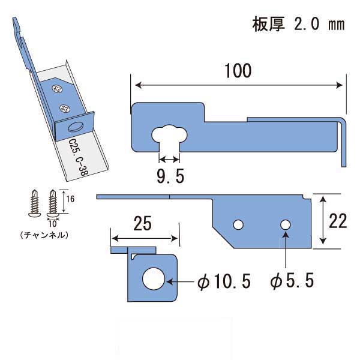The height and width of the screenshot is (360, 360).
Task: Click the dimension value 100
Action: [238, 70]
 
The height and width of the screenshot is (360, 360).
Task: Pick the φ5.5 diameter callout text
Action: [293, 281]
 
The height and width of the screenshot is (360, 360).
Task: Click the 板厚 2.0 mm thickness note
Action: [298, 26]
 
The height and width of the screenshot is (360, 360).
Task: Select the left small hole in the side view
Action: [238, 224]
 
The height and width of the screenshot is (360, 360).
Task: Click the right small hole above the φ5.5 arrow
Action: [286, 224]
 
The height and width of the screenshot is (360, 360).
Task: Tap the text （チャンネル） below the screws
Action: [43, 232]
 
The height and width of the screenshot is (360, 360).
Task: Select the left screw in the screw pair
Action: [34, 203]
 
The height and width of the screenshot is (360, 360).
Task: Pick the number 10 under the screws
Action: [54, 223]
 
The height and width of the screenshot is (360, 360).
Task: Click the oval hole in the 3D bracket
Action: [74, 127]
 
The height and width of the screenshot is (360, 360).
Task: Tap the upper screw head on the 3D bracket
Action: [57, 89]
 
